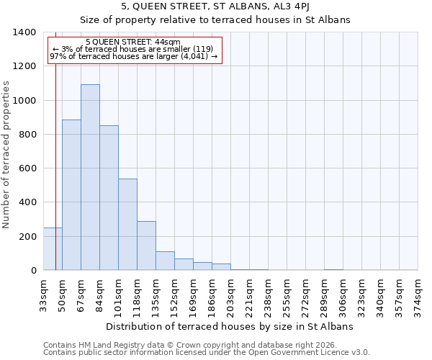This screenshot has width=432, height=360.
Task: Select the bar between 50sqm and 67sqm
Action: click(71, 194)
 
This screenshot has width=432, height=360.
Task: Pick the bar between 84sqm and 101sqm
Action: click(109, 198)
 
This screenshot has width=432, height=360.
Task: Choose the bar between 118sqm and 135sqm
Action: click(146, 246)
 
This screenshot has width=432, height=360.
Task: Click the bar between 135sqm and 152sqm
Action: click(165, 261)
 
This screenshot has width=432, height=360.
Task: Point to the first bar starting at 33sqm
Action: click(53, 249)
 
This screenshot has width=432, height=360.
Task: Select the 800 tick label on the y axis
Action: click(27, 135)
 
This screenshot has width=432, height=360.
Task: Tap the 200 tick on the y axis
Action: click(27, 237)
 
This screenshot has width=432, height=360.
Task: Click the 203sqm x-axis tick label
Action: click(230, 294)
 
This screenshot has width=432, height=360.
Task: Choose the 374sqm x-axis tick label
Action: click(418, 294)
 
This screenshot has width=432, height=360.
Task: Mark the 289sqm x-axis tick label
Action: click(324, 294)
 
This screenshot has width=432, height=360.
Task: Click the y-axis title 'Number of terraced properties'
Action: click(6, 154)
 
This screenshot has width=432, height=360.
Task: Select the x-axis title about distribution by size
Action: click(230, 326)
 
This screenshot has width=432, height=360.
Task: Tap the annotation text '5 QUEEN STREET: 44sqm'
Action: click(132, 42)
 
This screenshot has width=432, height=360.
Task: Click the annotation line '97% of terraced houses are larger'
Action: click(133, 57)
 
